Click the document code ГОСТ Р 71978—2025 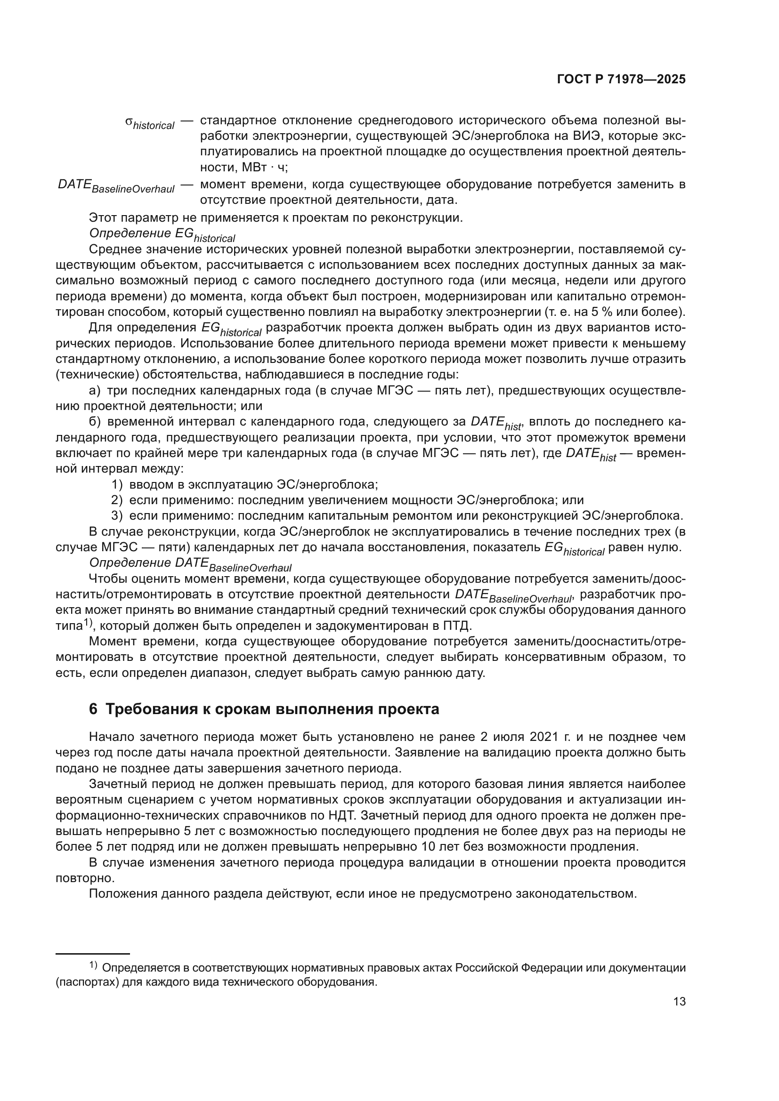621,79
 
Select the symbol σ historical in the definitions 150,123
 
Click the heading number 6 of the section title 93,709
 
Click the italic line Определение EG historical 162,234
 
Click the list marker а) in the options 95,391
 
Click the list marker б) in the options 95,422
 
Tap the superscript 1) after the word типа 87,623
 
